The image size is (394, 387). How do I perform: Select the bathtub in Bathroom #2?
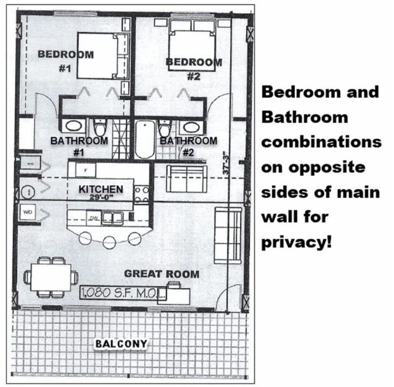pos(145,140)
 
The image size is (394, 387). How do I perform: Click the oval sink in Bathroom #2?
pos(189,128)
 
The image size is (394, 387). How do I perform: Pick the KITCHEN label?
pos(101,189)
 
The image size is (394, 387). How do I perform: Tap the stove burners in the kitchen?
pos(141,194)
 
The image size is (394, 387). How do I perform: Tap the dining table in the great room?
pos(51,277)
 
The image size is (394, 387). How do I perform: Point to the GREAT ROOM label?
pos(161,274)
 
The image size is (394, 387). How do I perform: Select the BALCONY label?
pos(121,343)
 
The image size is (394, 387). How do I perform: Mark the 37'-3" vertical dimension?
pos(225,164)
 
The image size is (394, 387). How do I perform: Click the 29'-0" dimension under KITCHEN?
pos(101,197)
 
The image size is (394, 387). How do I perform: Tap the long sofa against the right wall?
pos(228,235)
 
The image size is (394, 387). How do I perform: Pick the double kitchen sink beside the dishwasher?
pos(112,218)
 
